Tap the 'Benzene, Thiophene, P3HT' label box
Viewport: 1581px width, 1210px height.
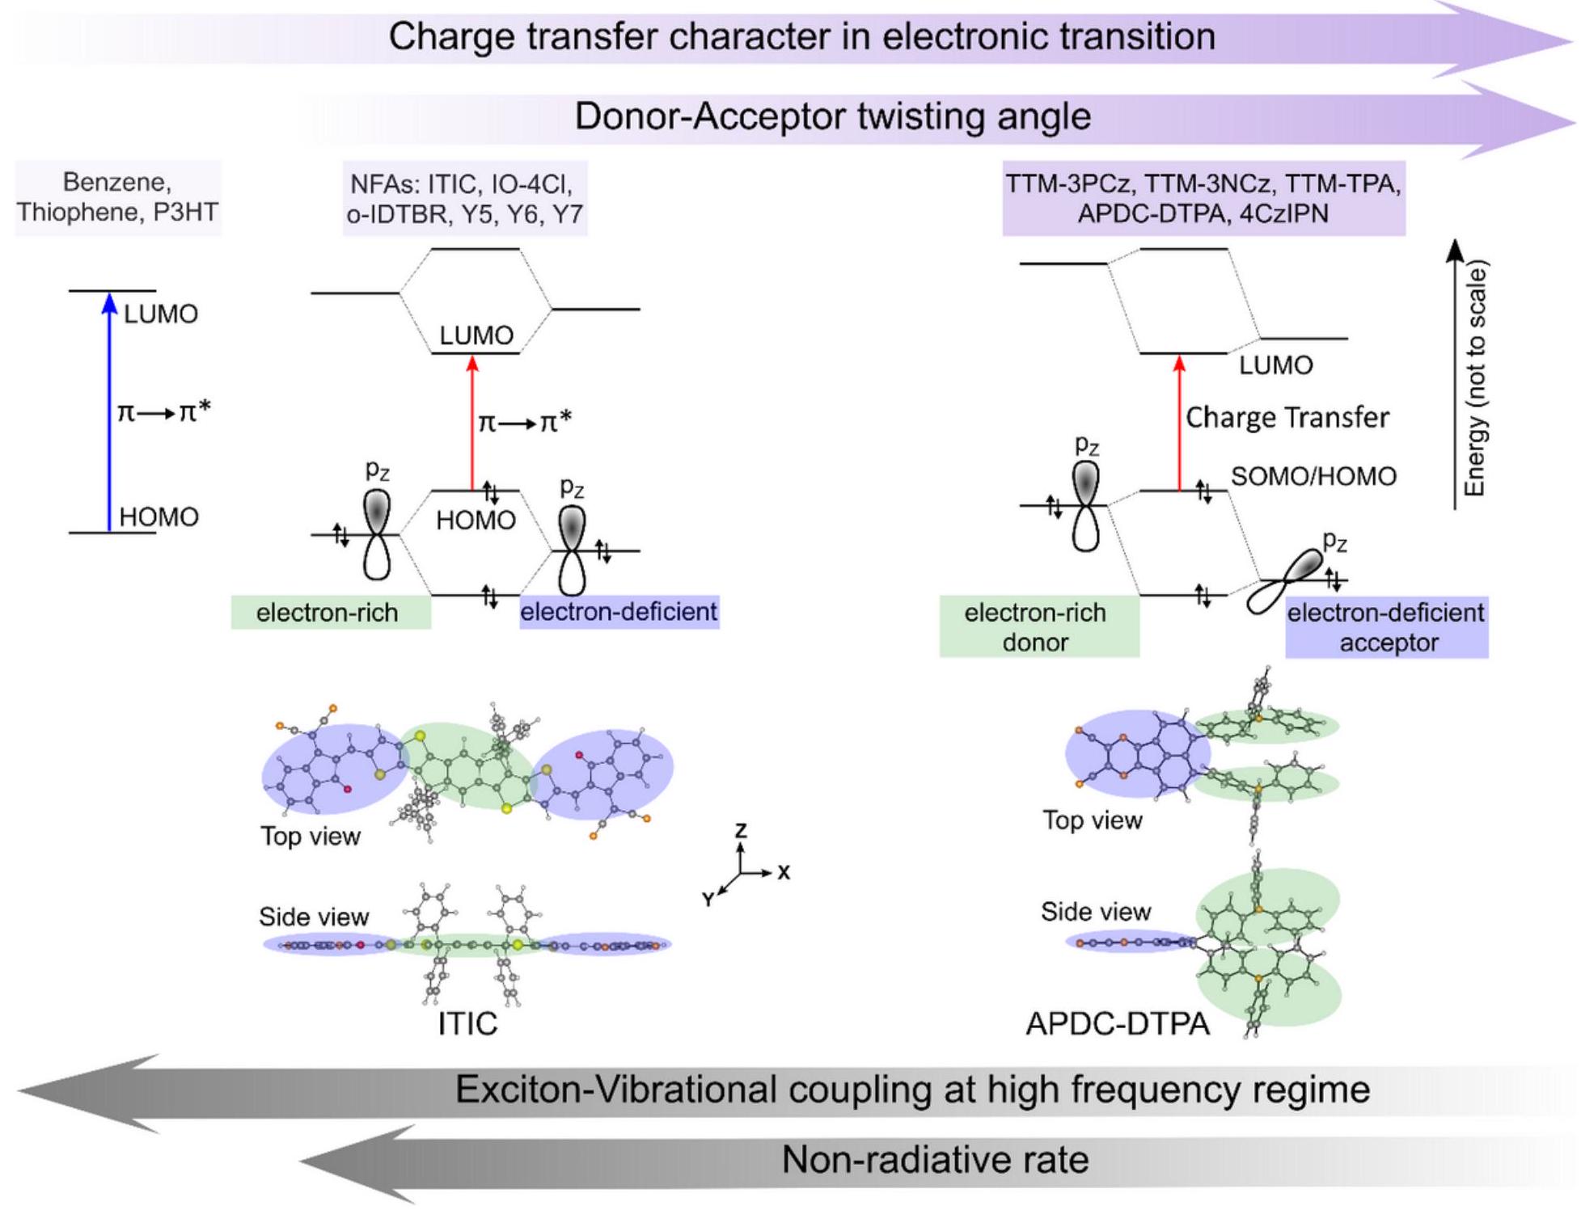[x=117, y=197]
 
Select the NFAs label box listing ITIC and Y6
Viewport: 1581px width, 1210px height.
[x=464, y=199]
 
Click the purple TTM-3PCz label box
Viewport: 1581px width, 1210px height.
[x=1203, y=199]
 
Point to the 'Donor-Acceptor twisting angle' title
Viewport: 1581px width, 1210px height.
[x=832, y=116]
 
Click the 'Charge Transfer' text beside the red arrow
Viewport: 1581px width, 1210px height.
[x=1287, y=417]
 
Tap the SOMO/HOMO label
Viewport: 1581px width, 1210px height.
[x=1313, y=476]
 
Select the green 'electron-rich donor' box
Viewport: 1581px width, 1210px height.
[x=1038, y=627]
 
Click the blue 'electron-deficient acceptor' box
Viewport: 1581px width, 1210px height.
[x=1385, y=627]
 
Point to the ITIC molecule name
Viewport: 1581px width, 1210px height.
[x=467, y=1023]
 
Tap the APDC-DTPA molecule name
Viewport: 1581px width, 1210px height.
[x=1117, y=1023]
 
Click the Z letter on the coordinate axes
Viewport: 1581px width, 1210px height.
[x=740, y=831]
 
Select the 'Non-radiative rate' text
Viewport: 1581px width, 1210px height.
[x=935, y=1160]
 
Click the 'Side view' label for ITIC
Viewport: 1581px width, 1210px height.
[x=314, y=917]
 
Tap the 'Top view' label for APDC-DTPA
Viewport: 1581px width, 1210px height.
[x=1092, y=820]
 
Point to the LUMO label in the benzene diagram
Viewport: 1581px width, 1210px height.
[x=160, y=314]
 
